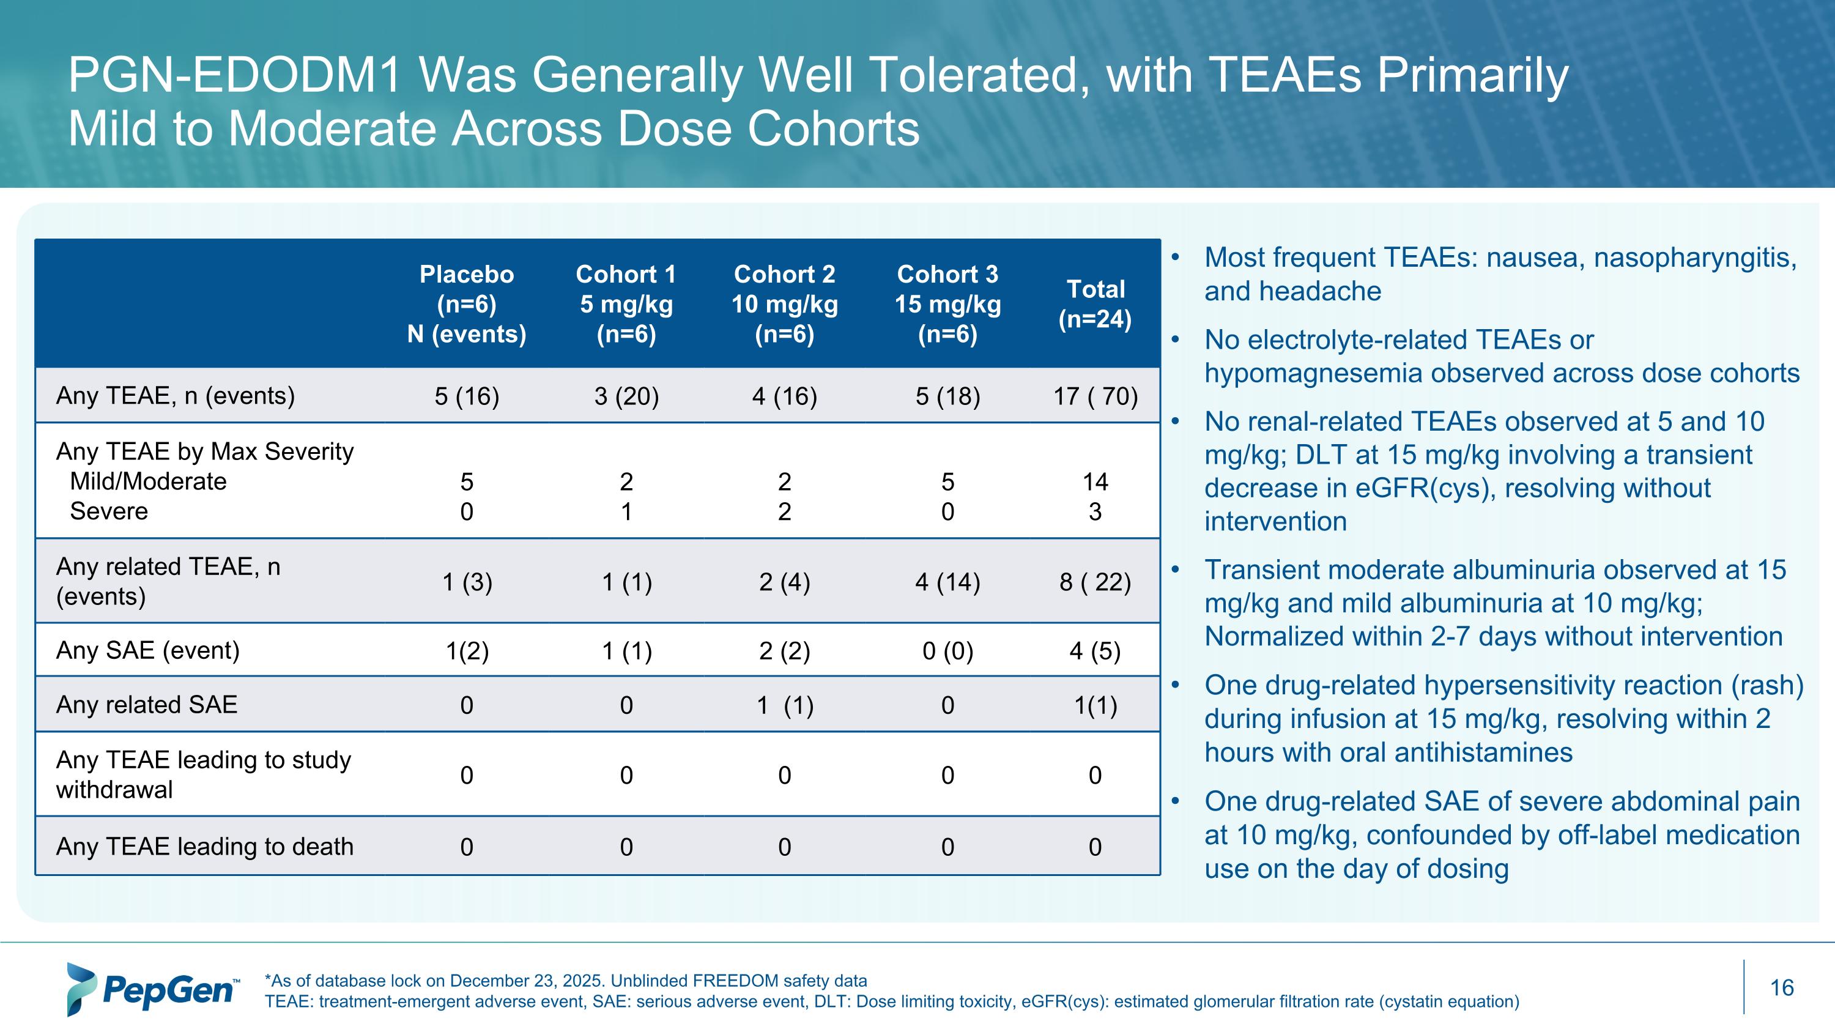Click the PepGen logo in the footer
[x=153, y=989]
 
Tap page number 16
[x=1782, y=988]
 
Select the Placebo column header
[x=467, y=304]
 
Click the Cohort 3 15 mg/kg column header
[x=947, y=304]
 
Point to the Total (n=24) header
[x=1095, y=304]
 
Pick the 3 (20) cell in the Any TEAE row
[x=626, y=396]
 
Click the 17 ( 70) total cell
[x=1095, y=396]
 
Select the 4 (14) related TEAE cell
[x=947, y=582]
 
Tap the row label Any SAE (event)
[x=148, y=650]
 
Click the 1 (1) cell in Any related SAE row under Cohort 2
[x=784, y=705]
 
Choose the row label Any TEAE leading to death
[x=204, y=846]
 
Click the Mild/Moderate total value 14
[x=1095, y=482]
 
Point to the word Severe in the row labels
[x=109, y=511]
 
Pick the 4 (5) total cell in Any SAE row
[x=1095, y=651]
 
